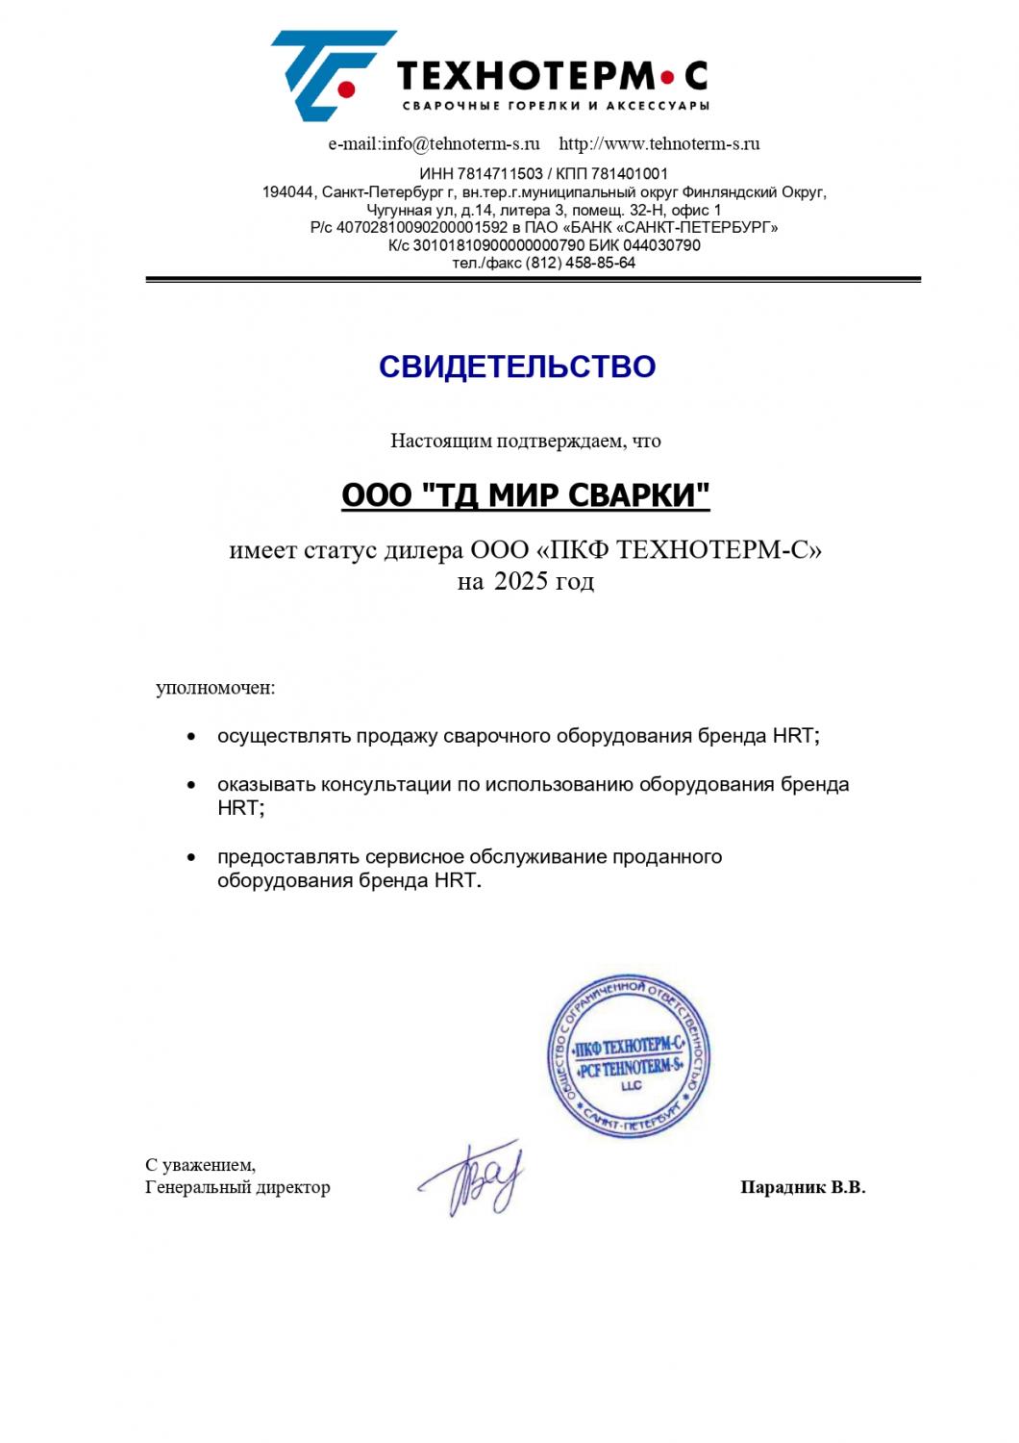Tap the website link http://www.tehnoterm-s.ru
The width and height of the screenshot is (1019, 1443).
tap(659, 144)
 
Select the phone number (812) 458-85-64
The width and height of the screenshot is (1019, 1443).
tap(581, 263)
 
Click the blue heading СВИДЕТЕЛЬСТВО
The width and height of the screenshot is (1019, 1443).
tap(517, 367)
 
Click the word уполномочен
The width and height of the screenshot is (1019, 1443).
tap(214, 689)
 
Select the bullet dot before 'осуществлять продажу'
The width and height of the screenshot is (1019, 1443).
tap(193, 737)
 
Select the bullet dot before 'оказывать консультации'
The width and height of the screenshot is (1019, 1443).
tap(193, 785)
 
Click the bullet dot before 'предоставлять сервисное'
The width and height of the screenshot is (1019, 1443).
tap(193, 856)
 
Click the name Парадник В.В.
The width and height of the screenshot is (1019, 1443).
tap(803, 1188)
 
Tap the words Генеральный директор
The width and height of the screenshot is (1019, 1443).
tap(237, 1188)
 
